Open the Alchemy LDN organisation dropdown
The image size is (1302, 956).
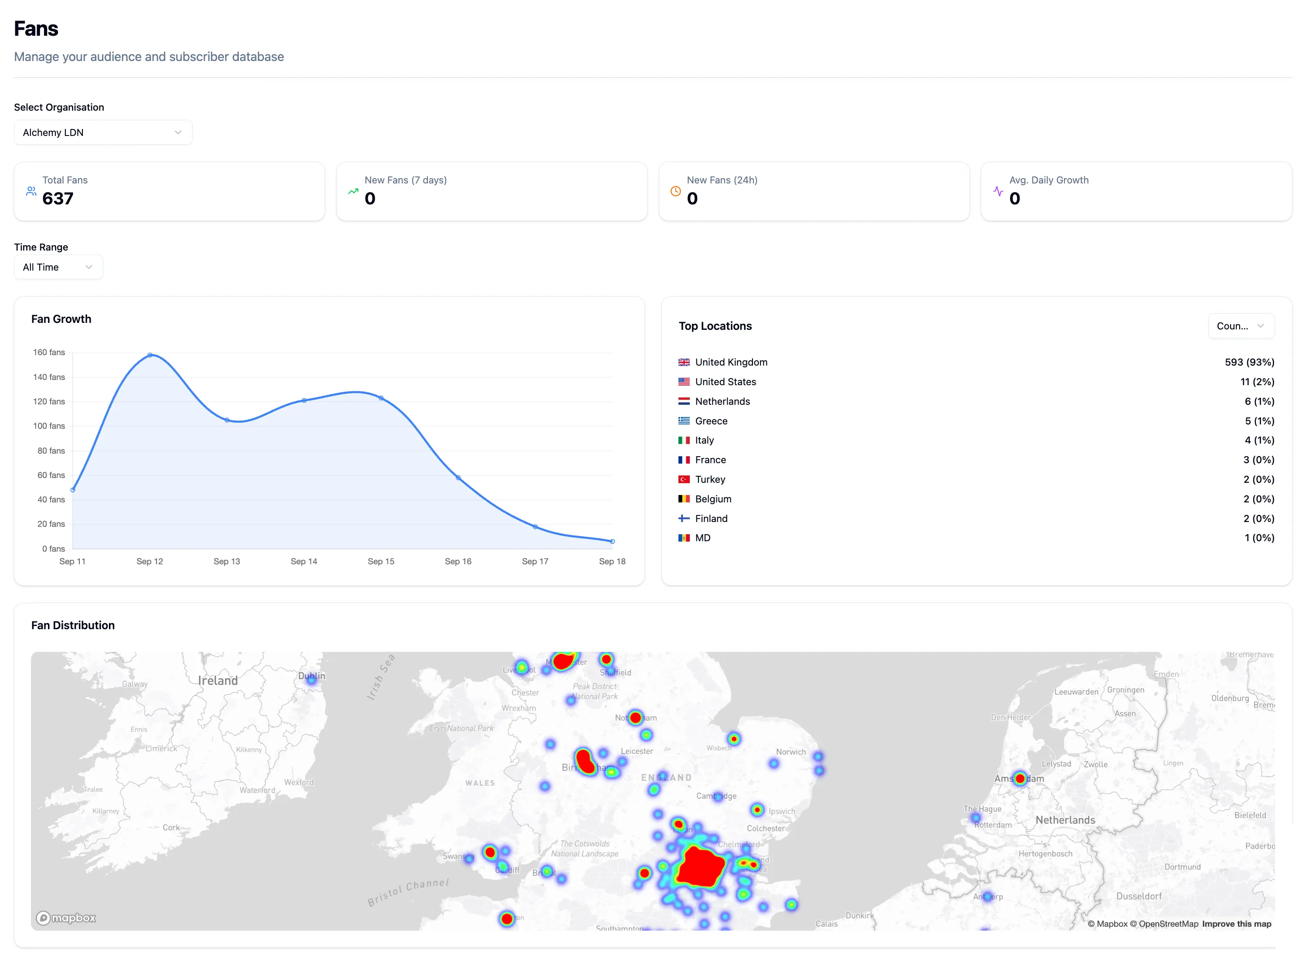click(102, 132)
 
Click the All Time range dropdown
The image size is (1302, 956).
click(58, 268)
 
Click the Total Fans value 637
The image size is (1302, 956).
click(58, 199)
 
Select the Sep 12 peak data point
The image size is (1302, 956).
click(150, 355)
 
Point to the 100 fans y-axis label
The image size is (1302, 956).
click(49, 426)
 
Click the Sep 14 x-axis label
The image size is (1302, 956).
click(304, 561)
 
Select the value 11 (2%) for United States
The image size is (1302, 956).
click(1257, 382)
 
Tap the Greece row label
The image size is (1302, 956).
click(711, 421)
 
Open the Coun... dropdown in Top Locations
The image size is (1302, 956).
click(1241, 326)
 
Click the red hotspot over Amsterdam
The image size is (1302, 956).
click(1020, 778)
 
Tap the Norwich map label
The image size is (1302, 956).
click(790, 752)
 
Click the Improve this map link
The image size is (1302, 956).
click(1236, 924)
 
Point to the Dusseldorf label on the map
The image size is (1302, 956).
click(1138, 896)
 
